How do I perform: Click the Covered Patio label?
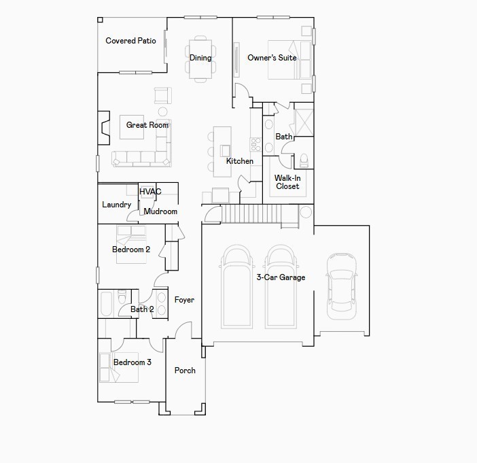pyautogui.click(x=130, y=41)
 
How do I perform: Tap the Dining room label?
pyautogui.click(x=200, y=58)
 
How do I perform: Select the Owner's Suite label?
pyautogui.click(x=272, y=58)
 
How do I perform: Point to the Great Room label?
pyautogui.click(x=147, y=125)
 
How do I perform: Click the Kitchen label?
pyautogui.click(x=240, y=161)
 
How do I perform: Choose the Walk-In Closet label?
pyautogui.click(x=287, y=182)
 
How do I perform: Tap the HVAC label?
pyautogui.click(x=150, y=192)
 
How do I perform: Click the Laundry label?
pyautogui.click(x=117, y=205)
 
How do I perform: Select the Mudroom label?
pyautogui.click(x=160, y=211)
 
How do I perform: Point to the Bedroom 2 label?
pyautogui.click(x=131, y=250)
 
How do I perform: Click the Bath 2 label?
pyautogui.click(x=142, y=309)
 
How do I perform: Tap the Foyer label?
pyautogui.click(x=184, y=300)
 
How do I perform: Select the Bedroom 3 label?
pyautogui.click(x=132, y=362)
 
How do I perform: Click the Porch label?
pyautogui.click(x=185, y=371)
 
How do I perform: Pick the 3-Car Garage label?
pyautogui.click(x=281, y=277)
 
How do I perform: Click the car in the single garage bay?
pyautogui.click(x=341, y=286)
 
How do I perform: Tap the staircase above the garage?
pyautogui.click(x=260, y=215)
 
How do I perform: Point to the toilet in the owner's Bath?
pyautogui.click(x=304, y=160)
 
